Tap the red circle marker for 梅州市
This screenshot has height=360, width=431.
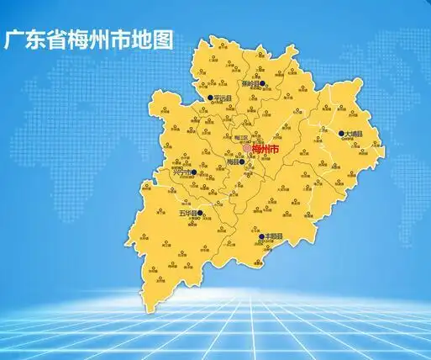tap(246, 149)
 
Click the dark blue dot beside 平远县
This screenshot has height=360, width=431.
tap(210, 98)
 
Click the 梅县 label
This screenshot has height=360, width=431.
tap(233, 162)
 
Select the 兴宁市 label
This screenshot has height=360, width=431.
tap(181, 174)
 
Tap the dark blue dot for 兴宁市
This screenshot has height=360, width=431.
tap(194, 173)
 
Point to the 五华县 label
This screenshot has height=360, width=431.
tap(187, 214)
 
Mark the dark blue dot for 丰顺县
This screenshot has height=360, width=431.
tap(260, 237)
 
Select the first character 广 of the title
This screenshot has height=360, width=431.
tap(15, 40)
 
